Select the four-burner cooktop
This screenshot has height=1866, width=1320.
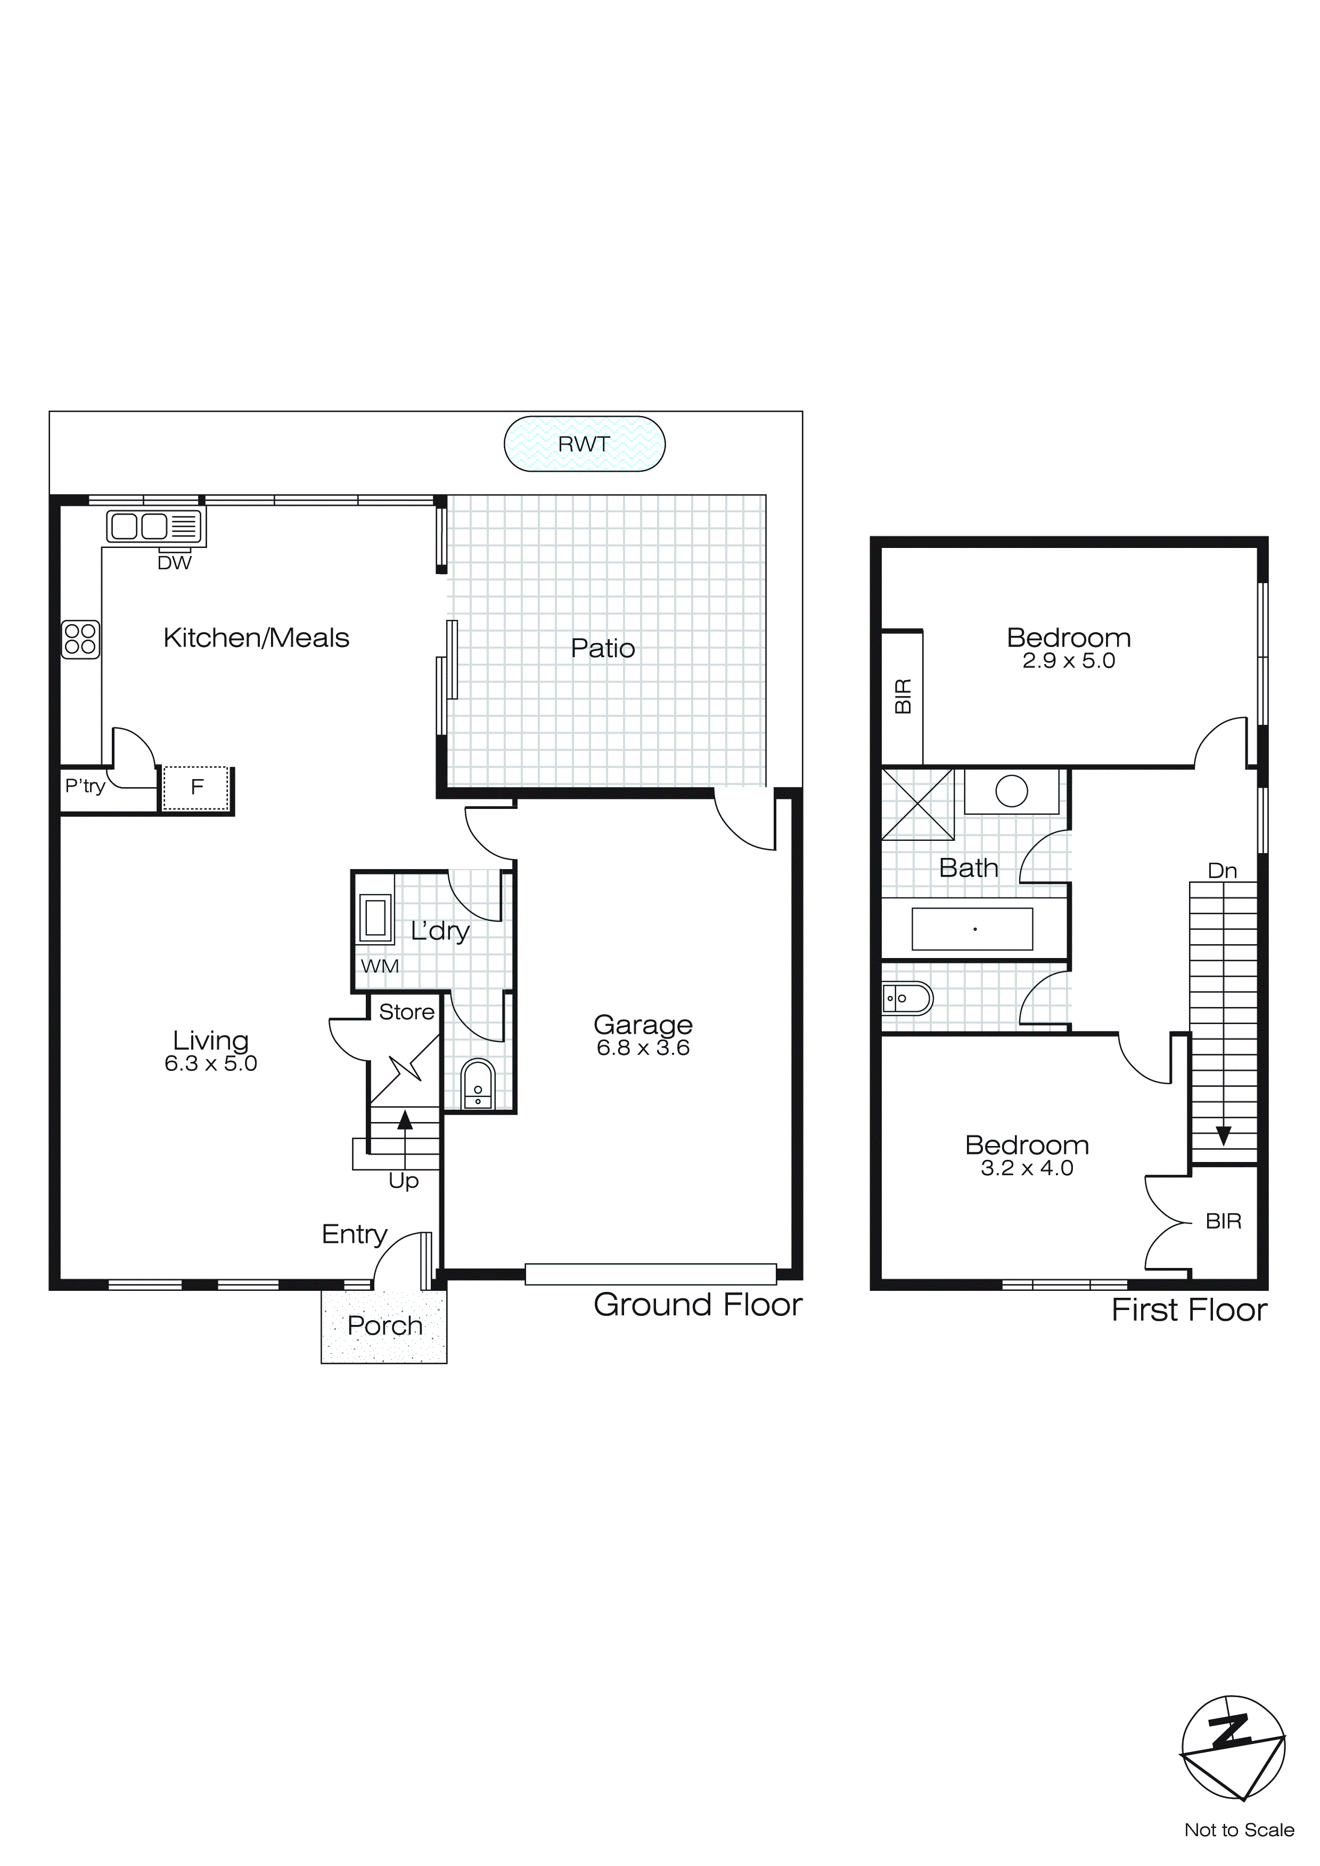(x=80, y=639)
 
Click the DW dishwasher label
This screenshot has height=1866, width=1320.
(x=174, y=562)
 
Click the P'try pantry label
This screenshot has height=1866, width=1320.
(x=85, y=786)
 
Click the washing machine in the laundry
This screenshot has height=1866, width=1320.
(x=375, y=919)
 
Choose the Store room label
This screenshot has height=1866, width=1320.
(x=406, y=1012)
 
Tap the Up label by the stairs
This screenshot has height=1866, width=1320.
(x=403, y=1180)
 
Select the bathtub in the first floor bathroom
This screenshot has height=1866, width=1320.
(x=972, y=928)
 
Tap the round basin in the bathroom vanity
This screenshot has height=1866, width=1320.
(x=1011, y=791)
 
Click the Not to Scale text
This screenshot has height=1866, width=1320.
(x=1239, y=1829)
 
